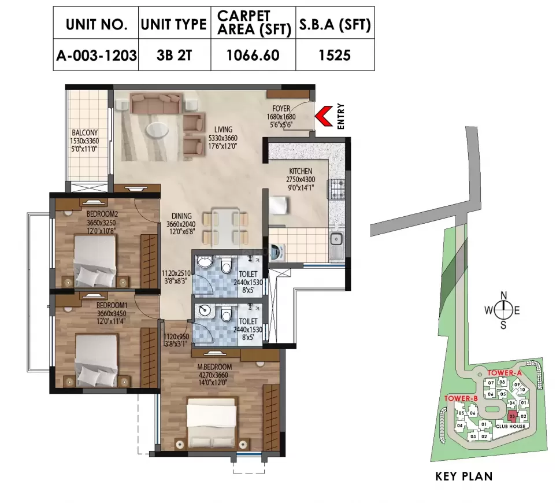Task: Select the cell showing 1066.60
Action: pos(253,56)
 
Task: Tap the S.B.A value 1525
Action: pos(334,56)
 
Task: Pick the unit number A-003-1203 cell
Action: pos(96,56)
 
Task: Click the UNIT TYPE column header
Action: pos(173,24)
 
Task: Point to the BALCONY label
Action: pos(85,132)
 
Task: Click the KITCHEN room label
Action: pos(301,171)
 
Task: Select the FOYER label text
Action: pos(281,109)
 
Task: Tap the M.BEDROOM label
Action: pos(214,367)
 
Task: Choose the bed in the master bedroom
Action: pos(212,422)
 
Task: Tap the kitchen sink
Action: pos(336,239)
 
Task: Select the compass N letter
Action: pos(503,294)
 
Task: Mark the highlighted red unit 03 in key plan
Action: pos(512,416)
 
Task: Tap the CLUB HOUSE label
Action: pos(510,426)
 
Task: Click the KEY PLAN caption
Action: pos(463,477)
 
